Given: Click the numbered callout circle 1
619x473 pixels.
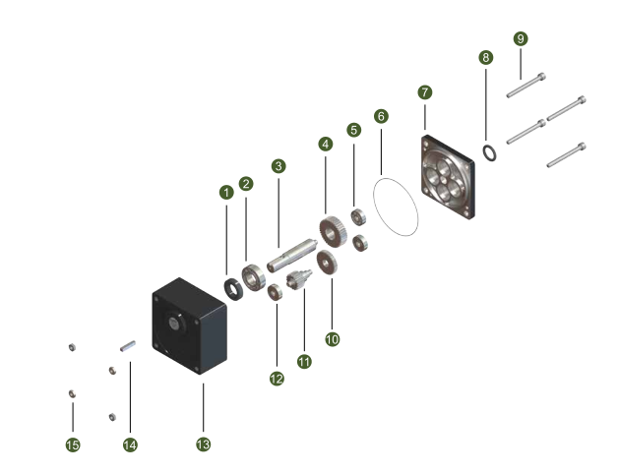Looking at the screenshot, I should pos(226,192).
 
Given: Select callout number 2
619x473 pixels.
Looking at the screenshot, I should pos(246,183).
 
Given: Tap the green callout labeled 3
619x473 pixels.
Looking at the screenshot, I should pos(279,166).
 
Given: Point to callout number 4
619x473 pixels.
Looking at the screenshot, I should pos(326,144).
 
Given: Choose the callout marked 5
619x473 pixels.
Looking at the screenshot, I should pos(353,130).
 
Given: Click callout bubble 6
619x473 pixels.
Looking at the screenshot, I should pos(381,115).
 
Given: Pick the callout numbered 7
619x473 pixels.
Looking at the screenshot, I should pos(424,91).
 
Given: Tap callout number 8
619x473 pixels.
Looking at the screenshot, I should pos(486,57).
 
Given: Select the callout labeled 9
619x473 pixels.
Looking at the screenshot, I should pos(521,38).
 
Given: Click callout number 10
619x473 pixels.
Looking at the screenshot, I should pos(333,338).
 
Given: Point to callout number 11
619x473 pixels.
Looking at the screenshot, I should pos(304,362).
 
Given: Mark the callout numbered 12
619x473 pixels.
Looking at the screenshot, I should pos(277,379).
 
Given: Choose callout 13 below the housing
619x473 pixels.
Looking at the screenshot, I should pos(204,444).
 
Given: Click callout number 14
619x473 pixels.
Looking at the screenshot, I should pos(130,445).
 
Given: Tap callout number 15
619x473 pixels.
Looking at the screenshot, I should pos(72,445).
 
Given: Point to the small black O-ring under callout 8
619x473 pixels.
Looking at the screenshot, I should pos(488,150).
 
